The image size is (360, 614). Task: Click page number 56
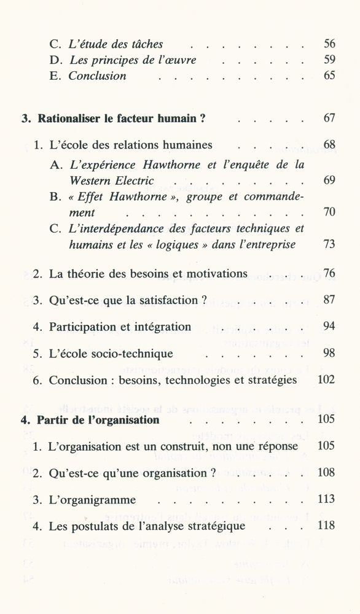329,44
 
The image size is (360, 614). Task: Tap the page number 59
329,60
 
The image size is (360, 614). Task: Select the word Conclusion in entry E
97,76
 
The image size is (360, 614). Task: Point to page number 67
329,118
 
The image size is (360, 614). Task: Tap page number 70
329,213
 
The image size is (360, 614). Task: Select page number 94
329,327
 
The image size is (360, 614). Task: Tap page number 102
326,380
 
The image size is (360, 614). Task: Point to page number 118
326,526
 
